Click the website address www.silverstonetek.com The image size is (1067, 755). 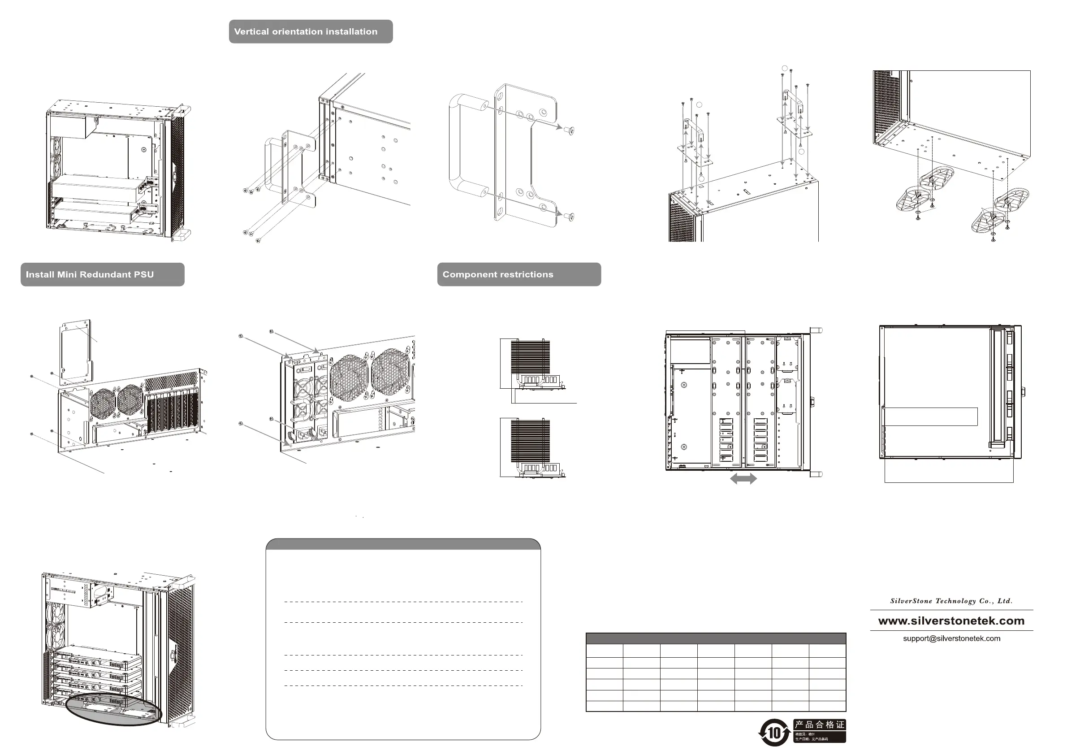pos(951,620)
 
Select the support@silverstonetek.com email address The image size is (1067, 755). pos(951,638)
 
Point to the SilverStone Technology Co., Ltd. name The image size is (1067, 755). pos(951,601)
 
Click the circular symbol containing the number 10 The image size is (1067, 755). pos(774,733)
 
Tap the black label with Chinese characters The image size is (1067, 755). pos(819,730)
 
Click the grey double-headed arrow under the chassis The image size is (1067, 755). pos(743,478)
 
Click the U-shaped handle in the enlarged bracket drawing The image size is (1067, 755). pos(465,144)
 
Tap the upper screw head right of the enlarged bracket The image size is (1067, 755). pos(569,130)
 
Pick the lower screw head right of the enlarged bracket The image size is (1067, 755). pos(569,216)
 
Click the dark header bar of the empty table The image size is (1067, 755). pos(716,638)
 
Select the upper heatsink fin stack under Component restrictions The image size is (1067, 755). pos(530,356)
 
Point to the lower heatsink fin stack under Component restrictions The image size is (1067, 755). pos(530,441)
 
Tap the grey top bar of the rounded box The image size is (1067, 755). pos(403,544)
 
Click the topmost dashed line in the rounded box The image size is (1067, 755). pos(403,602)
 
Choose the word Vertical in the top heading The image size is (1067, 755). pos(251,32)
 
